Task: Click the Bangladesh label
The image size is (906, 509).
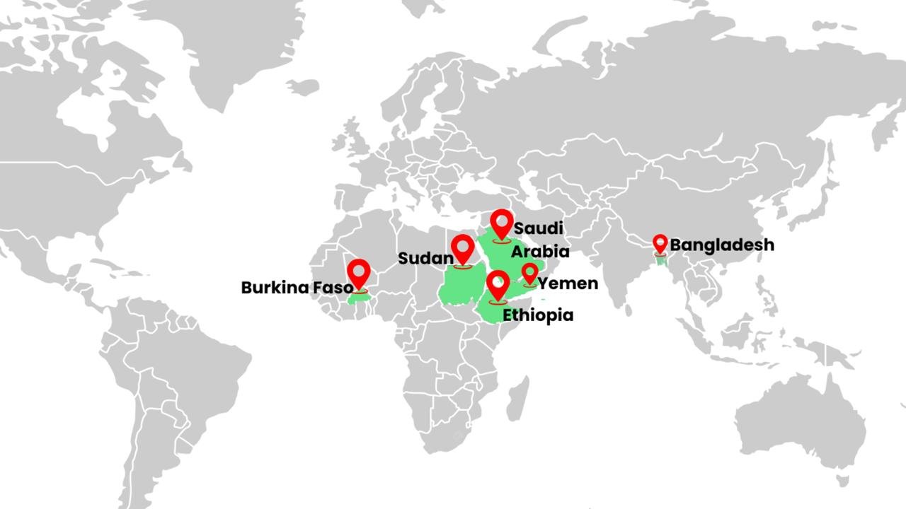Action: (722, 245)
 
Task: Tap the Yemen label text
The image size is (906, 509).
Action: (568, 283)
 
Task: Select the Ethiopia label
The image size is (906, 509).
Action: (538, 315)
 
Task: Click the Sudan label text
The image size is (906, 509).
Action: (425, 258)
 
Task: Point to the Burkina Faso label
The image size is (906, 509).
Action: (297, 288)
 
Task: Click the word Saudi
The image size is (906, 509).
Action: (539, 228)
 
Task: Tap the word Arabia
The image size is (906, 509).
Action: (540, 252)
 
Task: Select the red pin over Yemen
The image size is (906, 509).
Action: (530, 273)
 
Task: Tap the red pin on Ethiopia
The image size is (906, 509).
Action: (498, 284)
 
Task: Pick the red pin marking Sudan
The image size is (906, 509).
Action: (463, 249)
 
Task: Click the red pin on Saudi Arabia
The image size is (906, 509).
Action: (502, 223)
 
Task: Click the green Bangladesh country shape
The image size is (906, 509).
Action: (663, 261)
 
